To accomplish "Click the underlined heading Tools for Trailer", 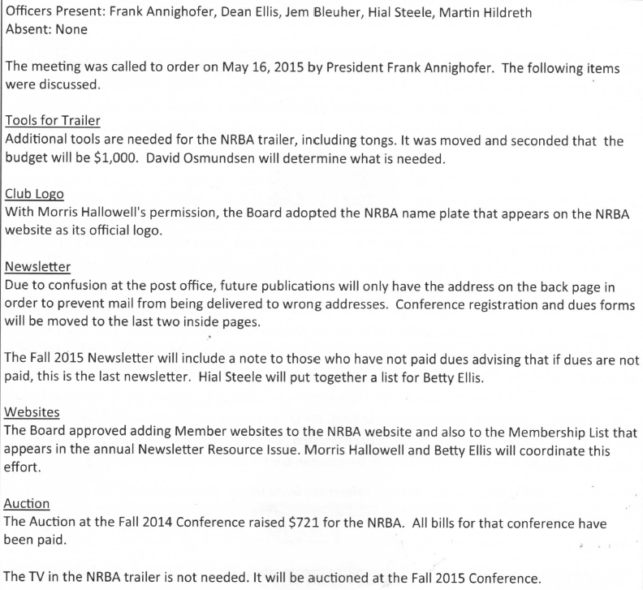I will coord(53,121).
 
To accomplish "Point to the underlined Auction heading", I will coord(28,503).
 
